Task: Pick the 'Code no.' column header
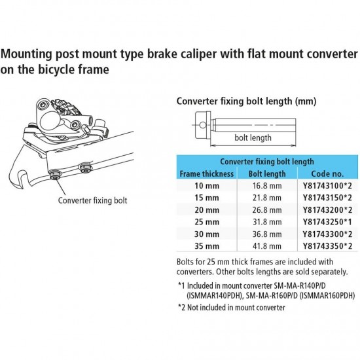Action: coord(329,174)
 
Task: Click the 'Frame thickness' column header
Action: coord(206,174)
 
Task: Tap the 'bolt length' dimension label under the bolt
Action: coord(253,138)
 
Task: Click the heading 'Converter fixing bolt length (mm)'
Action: coord(247,101)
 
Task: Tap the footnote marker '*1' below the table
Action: coord(182,285)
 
